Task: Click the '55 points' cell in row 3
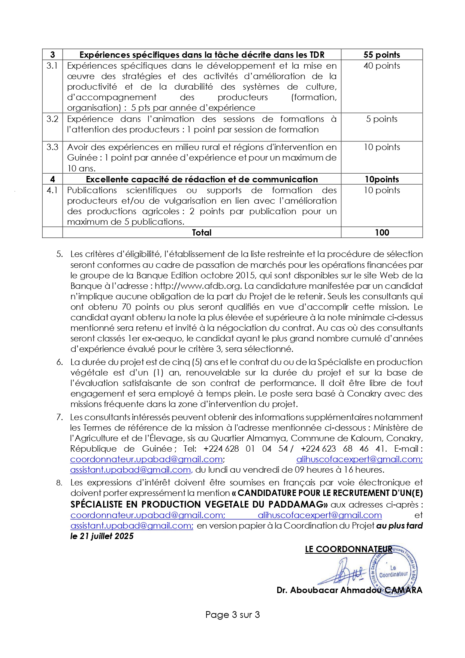coord(381,55)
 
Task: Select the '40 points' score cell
coord(381,66)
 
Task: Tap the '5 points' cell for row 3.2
coord(381,119)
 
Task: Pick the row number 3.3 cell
coord(52,147)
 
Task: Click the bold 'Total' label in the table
coord(202,233)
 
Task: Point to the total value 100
coord(382,233)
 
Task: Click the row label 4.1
coord(52,190)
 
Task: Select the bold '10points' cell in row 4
coord(381,179)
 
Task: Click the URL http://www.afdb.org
coord(197,286)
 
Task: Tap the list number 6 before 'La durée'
coord(60,362)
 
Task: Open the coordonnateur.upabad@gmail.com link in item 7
coord(147,459)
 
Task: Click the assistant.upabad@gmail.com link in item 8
coord(132,526)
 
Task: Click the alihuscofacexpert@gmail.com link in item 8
coord(320,515)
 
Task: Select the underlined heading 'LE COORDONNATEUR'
coord(348,549)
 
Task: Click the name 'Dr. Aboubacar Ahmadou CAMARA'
coord(349,590)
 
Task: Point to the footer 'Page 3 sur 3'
coord(232,615)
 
